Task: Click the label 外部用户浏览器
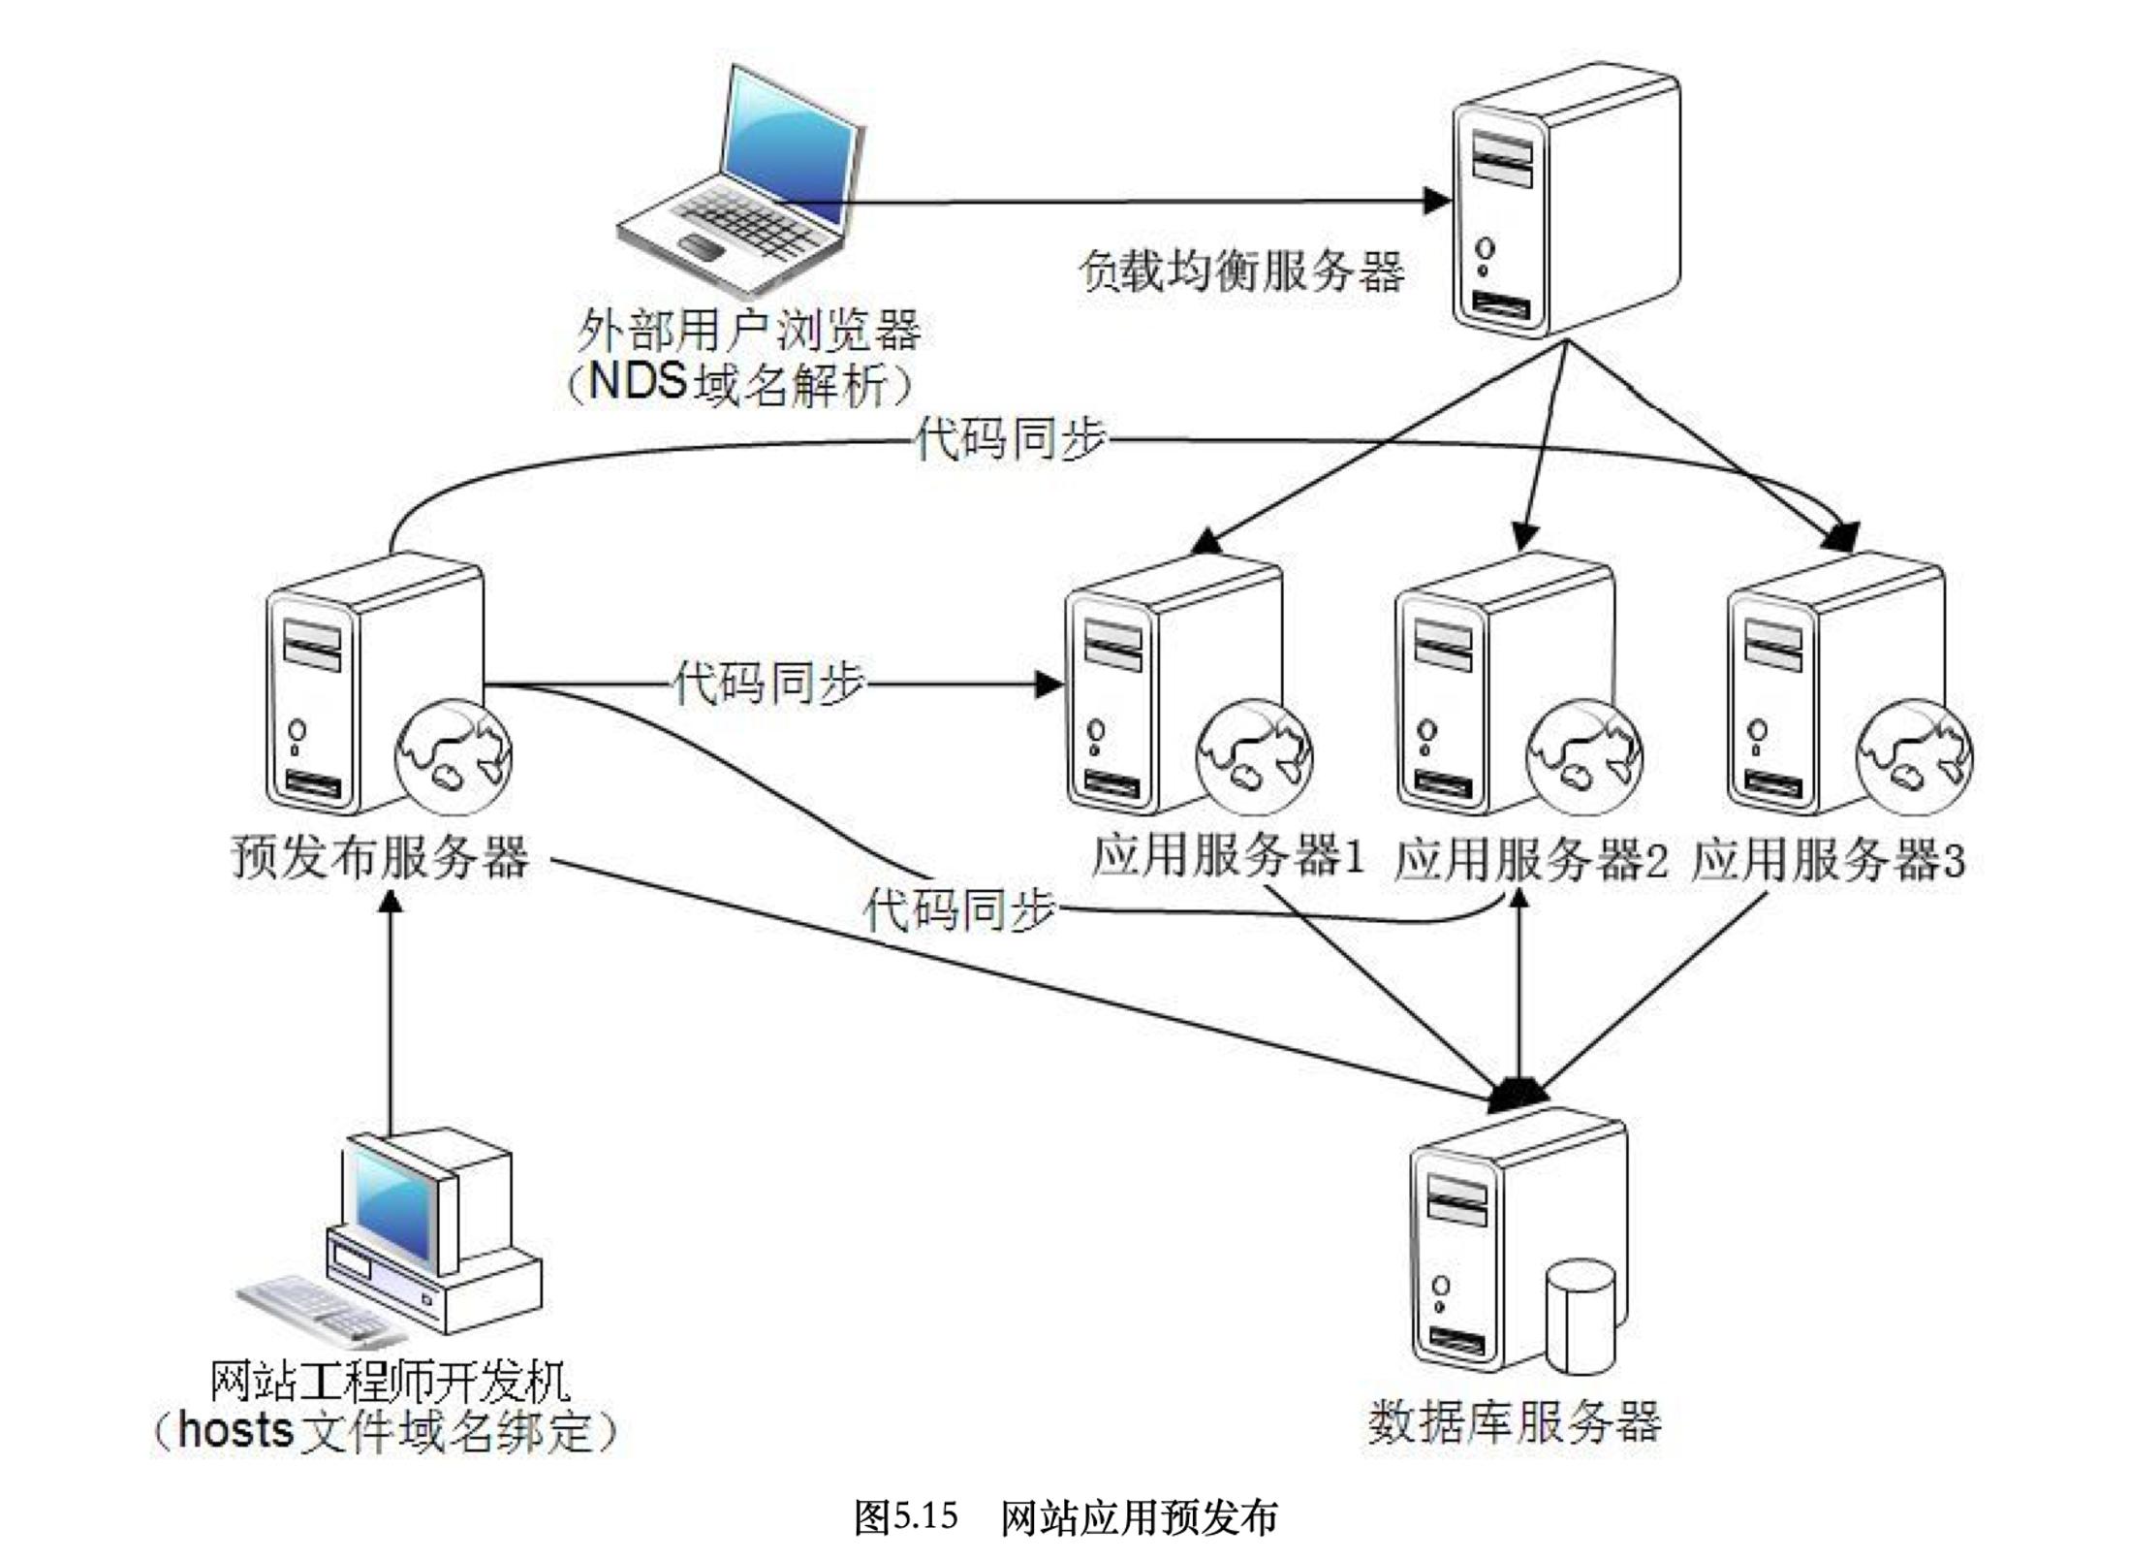pyautogui.click(x=747, y=331)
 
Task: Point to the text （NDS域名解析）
pyautogui.click(x=738, y=384)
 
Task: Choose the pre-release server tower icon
pyautogui.click(x=373, y=683)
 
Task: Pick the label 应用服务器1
pyautogui.click(x=1227, y=857)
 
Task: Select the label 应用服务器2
pyautogui.click(x=1530, y=859)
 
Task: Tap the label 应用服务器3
pyautogui.click(x=1828, y=859)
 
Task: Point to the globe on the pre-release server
pyautogui.click(x=454, y=757)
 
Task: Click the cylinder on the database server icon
pyautogui.click(x=1581, y=1314)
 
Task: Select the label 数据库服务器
pyautogui.click(x=1515, y=1421)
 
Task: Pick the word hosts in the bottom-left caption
pyautogui.click(x=235, y=1431)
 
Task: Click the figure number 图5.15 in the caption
pyautogui.click(x=905, y=1515)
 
